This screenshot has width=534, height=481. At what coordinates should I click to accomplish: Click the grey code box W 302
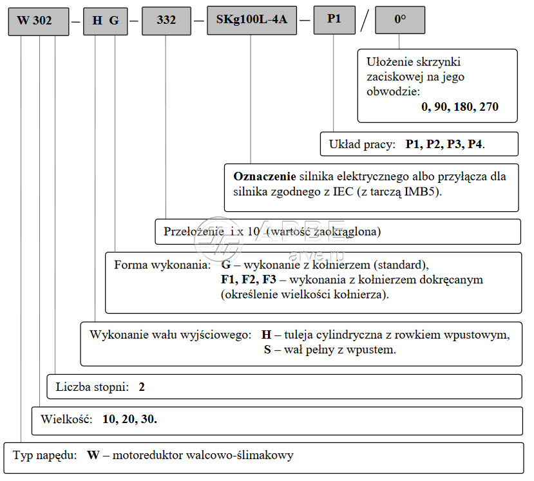[x=39, y=21]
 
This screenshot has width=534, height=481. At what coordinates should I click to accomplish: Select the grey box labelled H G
[x=106, y=21]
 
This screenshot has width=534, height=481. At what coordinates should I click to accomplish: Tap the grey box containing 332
[x=166, y=20]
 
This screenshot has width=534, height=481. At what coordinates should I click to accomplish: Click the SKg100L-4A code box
[x=252, y=20]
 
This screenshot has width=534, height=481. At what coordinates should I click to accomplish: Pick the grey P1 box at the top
[x=334, y=19]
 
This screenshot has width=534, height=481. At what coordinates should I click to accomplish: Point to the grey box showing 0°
[x=400, y=19]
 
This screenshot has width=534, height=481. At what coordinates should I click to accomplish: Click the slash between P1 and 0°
[x=365, y=20]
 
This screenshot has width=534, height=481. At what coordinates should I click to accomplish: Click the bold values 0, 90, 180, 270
[x=460, y=106]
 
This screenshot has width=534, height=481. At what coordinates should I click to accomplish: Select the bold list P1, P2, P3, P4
[x=444, y=144]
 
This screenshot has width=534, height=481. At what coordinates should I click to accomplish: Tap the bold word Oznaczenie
[x=265, y=176]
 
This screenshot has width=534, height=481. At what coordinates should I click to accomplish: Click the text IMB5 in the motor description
[x=421, y=192]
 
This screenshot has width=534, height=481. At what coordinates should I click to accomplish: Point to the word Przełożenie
[x=194, y=231]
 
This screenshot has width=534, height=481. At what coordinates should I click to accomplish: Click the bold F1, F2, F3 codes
[x=248, y=279]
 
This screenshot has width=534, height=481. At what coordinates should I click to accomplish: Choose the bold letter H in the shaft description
[x=266, y=335]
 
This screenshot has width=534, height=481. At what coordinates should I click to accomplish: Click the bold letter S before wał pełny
[x=267, y=350]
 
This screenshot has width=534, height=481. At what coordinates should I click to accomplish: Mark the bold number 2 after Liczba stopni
[x=142, y=387]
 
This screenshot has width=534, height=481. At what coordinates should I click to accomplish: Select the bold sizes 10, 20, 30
[x=129, y=419]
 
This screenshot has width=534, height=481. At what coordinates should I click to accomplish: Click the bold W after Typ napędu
[x=93, y=455]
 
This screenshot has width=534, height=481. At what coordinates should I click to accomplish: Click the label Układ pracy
[x=362, y=144]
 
